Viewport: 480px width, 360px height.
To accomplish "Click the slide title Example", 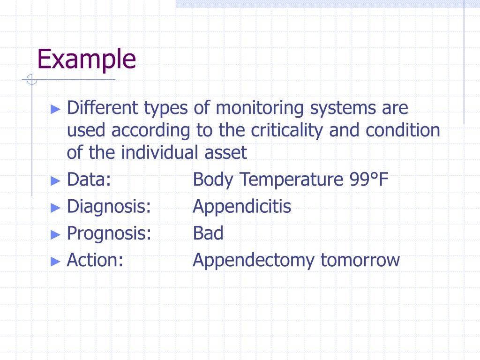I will click(x=86, y=60).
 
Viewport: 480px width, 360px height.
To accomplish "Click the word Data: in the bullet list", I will click(x=89, y=180).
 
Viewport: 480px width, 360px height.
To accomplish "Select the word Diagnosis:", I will click(x=109, y=206).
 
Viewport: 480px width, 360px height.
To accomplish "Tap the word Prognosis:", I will click(x=109, y=233).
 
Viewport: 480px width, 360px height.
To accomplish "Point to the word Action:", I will click(x=95, y=260).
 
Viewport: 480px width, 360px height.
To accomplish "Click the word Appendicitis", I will click(x=242, y=206).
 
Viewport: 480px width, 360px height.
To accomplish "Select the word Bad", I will click(x=208, y=233).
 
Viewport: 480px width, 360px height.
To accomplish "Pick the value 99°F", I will click(x=369, y=180).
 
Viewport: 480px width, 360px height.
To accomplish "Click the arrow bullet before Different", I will click(x=55, y=109).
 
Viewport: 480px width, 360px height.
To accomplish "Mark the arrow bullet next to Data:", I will click(x=55, y=180).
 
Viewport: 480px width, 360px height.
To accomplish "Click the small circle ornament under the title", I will click(x=31, y=80).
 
